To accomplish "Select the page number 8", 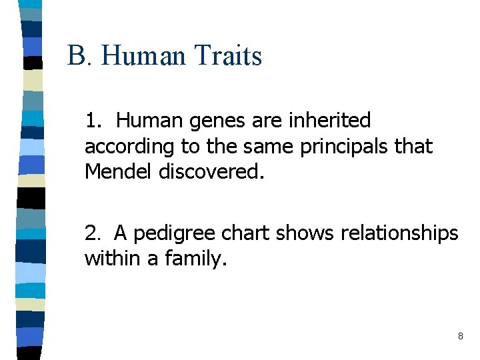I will [x=460, y=337].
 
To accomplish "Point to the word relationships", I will [x=399, y=233].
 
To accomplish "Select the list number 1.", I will [x=92, y=121].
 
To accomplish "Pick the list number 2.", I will [x=92, y=233].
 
